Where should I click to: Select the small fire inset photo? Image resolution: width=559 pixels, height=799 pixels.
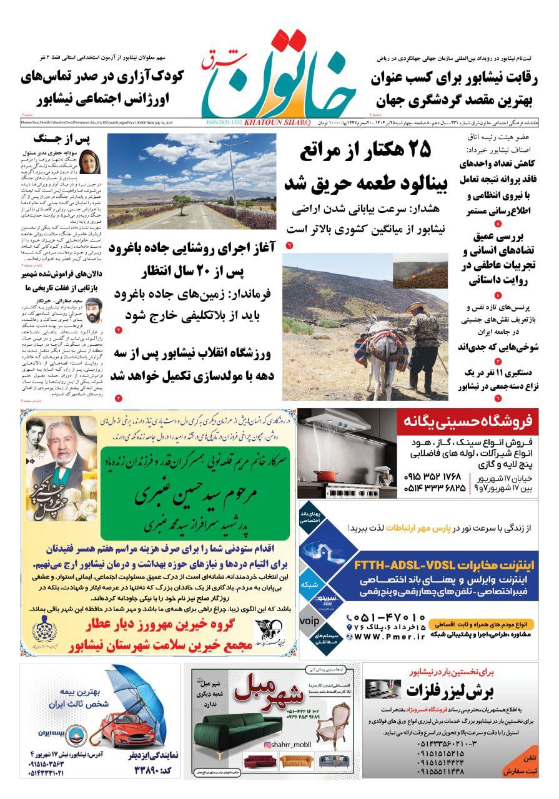click(420, 275)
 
